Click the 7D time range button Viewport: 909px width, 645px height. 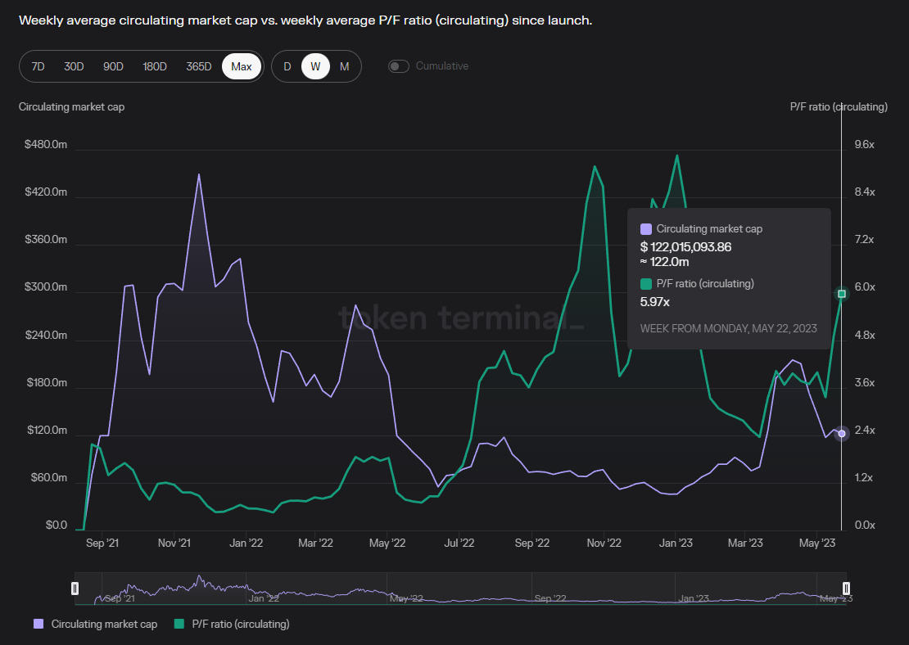click(38, 66)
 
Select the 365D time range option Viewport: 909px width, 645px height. click(198, 66)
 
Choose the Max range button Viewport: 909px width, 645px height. click(242, 66)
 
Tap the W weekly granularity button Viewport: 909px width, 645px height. click(315, 66)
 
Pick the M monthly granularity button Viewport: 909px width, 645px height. click(344, 66)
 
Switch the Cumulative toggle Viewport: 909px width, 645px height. click(399, 66)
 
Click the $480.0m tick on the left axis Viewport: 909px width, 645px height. click(46, 145)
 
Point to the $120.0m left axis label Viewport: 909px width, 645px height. click(46, 431)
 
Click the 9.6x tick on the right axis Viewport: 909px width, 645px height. click(865, 145)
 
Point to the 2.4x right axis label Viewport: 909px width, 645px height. click(865, 431)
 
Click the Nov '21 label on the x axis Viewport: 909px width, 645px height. click(174, 543)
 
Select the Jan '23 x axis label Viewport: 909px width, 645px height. click(677, 543)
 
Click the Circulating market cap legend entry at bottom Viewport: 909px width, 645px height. click(96, 624)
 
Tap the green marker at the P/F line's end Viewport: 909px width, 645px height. click(842, 294)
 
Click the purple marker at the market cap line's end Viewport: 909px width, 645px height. click(841, 434)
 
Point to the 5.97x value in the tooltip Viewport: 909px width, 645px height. click(654, 302)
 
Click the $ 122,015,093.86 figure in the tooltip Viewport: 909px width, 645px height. click(685, 246)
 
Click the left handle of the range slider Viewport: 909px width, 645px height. click(75, 589)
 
